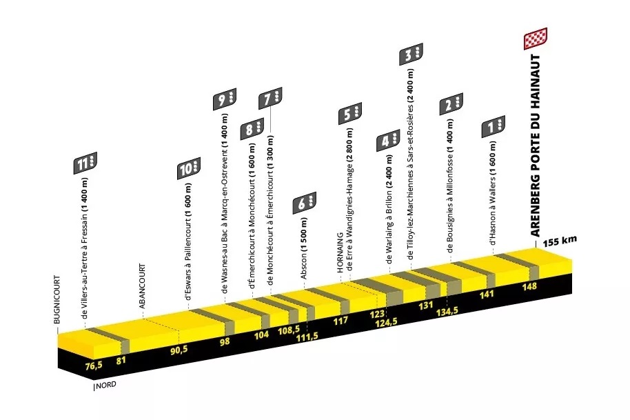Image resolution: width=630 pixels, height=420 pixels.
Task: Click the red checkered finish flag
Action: [536, 39]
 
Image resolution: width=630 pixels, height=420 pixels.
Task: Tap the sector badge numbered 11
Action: [85, 163]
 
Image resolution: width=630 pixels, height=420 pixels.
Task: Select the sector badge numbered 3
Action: [411, 54]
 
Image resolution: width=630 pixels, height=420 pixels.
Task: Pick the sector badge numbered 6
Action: [304, 203]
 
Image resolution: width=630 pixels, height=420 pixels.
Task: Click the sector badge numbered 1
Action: [494, 127]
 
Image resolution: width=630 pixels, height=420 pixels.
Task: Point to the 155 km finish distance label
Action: [560, 241]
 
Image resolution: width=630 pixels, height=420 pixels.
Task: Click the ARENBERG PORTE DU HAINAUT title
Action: [535, 145]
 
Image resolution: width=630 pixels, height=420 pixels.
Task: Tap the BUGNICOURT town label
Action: [57, 300]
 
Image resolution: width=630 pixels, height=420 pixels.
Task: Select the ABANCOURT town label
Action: [142, 286]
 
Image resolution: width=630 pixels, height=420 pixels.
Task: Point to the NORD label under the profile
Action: [106, 385]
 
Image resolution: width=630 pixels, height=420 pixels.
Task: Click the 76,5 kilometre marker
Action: [94, 366]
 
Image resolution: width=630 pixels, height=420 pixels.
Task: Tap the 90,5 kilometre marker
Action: [179, 350]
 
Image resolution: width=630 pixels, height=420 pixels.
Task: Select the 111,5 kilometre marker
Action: [307, 337]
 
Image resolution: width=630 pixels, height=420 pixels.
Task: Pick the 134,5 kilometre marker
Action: [447, 312]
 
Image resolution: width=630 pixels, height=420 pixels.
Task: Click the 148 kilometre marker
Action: [529, 286]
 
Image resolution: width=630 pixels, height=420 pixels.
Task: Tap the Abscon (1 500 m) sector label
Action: [304, 248]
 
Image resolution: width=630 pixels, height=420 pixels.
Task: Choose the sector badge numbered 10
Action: [189, 168]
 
